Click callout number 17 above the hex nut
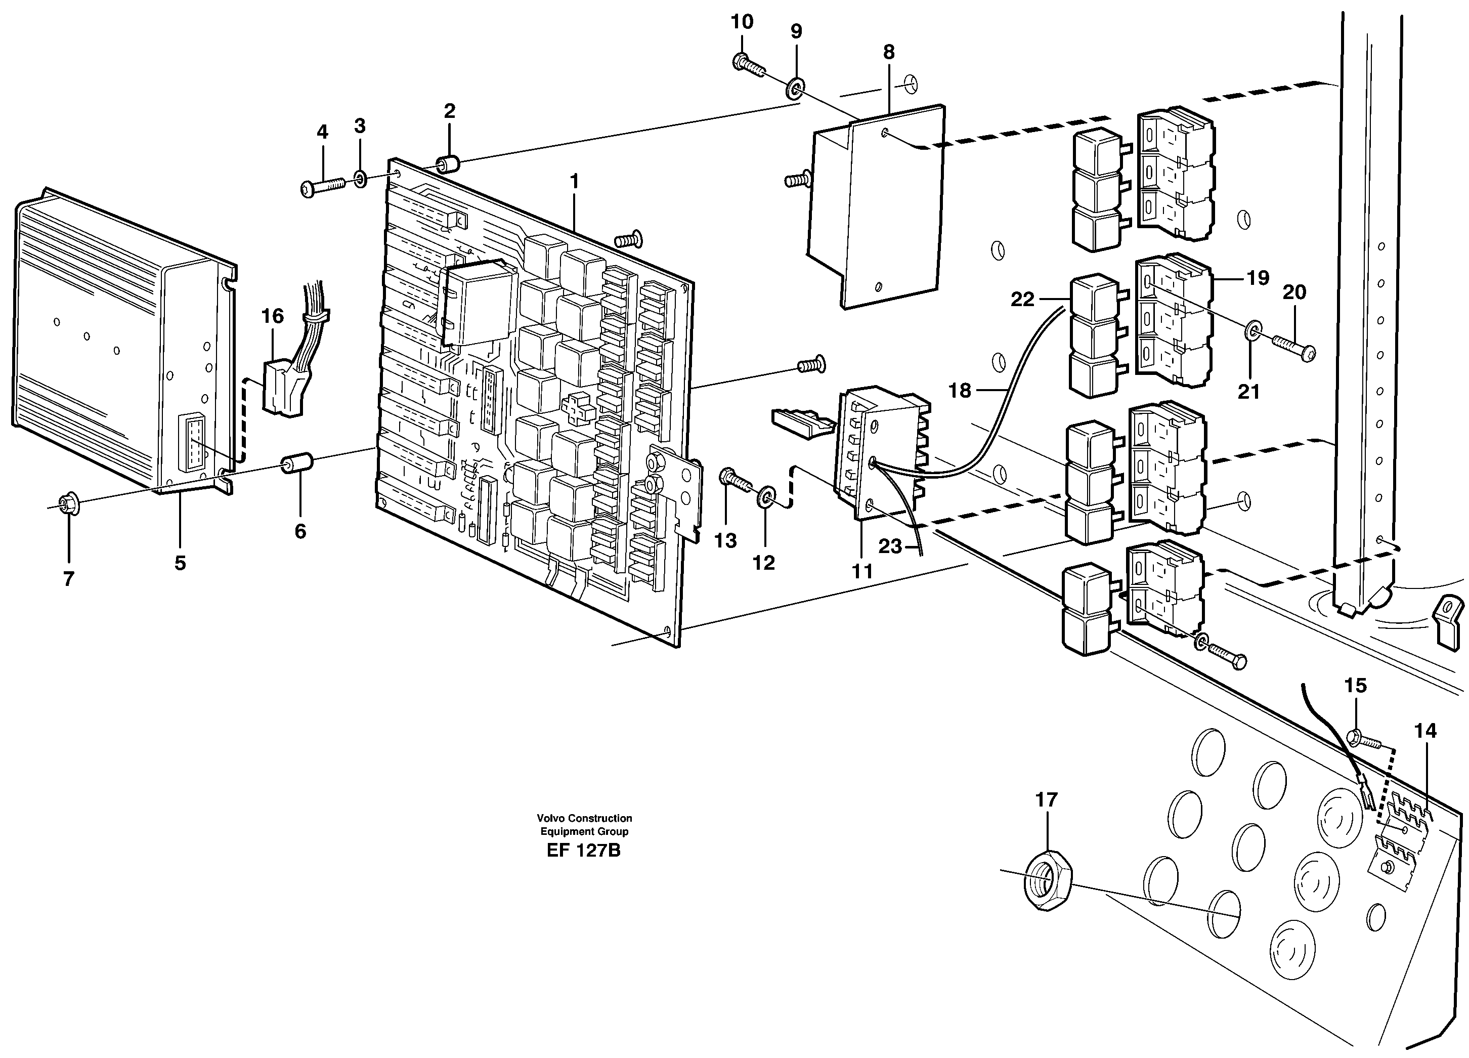[x=1046, y=799]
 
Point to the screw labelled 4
[x=323, y=187]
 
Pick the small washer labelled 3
[x=361, y=178]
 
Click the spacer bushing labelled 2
[x=448, y=163]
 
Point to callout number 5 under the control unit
[x=180, y=563]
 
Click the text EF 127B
[x=583, y=850]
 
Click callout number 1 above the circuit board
[x=573, y=182]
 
